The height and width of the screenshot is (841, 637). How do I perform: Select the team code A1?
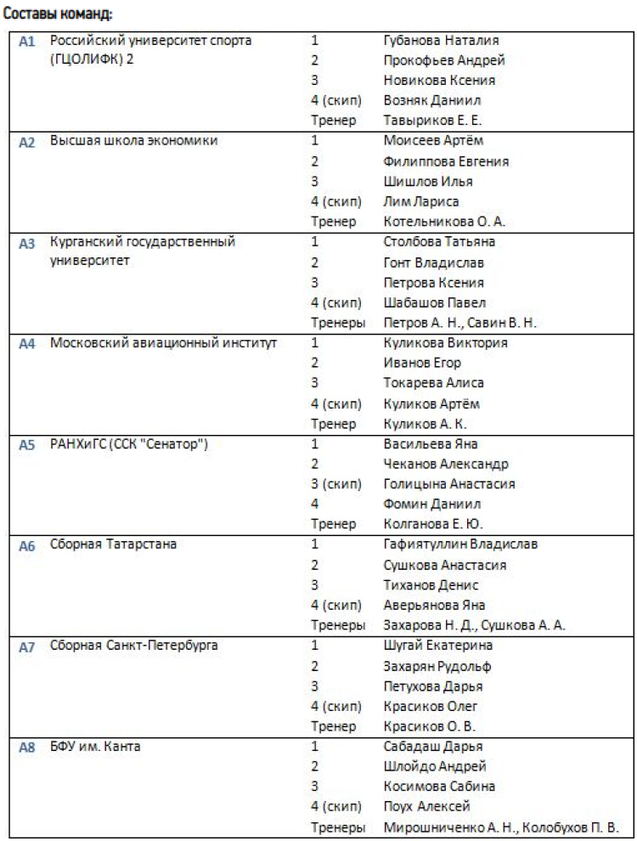[x=27, y=42]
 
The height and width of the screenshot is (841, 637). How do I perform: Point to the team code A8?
[x=27, y=749]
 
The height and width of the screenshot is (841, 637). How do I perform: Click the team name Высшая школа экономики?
[x=133, y=141]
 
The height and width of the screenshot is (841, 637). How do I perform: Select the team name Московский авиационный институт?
[x=164, y=343]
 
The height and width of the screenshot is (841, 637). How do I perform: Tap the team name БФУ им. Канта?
[x=95, y=748]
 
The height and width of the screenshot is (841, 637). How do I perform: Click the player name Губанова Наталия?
[x=441, y=40]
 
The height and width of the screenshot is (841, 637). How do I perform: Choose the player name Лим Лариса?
[x=422, y=201]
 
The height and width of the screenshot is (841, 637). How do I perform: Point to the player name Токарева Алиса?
[x=434, y=383]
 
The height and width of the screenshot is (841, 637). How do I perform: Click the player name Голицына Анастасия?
[x=449, y=484]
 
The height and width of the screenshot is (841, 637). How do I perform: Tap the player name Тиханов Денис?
[x=431, y=585]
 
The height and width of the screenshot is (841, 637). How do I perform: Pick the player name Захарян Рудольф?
[x=437, y=666]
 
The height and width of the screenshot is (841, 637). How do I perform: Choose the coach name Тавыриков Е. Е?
[x=433, y=121]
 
